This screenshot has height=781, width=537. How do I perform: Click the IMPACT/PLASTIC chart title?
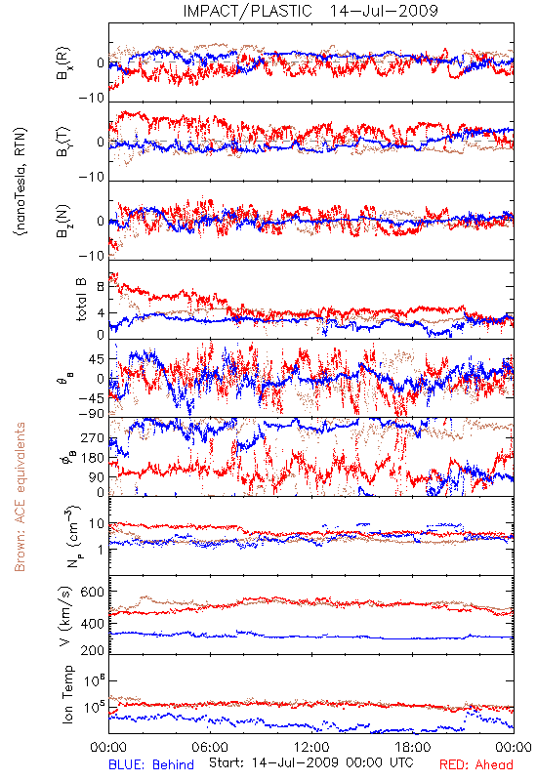248,11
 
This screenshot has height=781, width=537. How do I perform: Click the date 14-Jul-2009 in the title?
384,11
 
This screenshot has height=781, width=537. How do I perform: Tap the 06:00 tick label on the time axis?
210,747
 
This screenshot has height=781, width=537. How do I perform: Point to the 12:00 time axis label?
311,747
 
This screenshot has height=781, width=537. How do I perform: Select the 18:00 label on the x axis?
413,747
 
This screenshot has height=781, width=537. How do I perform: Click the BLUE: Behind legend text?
151,764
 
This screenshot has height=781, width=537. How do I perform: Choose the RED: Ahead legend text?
475,764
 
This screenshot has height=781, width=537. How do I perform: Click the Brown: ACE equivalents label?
20,497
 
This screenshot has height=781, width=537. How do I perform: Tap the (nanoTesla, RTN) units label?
21,181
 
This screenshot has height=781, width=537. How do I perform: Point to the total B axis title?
81,300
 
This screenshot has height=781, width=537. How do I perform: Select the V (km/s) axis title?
65,616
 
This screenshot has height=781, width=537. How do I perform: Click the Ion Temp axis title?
67,693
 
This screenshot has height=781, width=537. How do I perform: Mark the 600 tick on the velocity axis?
93,592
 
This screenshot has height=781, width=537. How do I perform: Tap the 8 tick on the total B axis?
101,286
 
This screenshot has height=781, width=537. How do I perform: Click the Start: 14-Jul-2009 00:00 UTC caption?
310,762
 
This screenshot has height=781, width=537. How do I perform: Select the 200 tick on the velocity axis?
93,650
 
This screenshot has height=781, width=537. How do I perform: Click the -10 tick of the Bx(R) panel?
92,98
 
